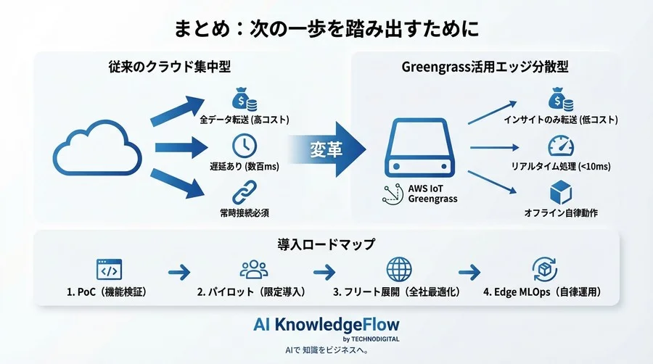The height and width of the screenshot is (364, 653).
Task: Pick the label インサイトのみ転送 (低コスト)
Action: click(x=557, y=118)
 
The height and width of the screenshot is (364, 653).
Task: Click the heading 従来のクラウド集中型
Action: click(x=169, y=67)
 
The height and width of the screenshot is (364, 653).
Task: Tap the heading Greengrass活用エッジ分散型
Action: click(x=485, y=67)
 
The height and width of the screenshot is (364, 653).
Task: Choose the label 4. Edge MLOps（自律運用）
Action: click(x=542, y=293)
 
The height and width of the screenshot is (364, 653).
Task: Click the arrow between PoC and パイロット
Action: click(x=178, y=273)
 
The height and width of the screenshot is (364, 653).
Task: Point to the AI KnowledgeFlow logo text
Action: click(x=326, y=324)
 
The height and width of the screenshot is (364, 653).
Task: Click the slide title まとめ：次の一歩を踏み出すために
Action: click(x=326, y=29)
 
